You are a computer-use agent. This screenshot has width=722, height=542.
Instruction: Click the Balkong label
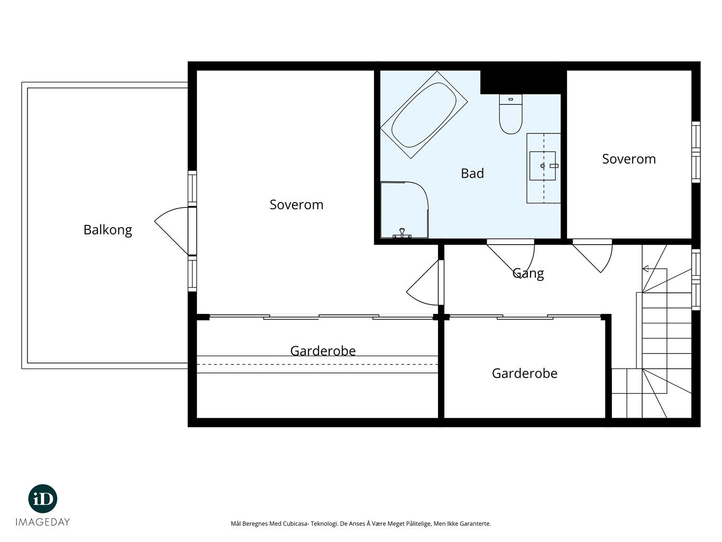pyautogui.click(x=107, y=230)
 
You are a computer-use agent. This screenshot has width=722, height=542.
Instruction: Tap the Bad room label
pyautogui.click(x=472, y=174)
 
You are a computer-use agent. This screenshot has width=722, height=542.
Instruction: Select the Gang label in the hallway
pyautogui.click(x=528, y=274)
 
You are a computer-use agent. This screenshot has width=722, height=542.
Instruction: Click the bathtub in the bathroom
pyautogui.click(x=424, y=115)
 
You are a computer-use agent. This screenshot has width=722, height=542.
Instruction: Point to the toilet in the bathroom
pyautogui.click(x=510, y=114)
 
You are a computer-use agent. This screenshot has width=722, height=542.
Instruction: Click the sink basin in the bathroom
pyautogui.click(x=542, y=166)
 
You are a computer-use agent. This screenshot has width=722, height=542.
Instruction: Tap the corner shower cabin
pyautogui.click(x=404, y=210)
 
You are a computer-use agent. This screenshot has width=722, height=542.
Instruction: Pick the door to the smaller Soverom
pyautogui.click(x=592, y=256)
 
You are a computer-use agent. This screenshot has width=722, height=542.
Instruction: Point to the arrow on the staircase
pyautogui.click(x=655, y=269)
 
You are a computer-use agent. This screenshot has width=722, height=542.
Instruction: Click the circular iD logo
pyautogui.click(x=43, y=499)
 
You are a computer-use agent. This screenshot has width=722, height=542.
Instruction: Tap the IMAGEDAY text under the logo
pyautogui.click(x=43, y=522)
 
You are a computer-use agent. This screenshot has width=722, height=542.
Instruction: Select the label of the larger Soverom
pyautogui.click(x=296, y=205)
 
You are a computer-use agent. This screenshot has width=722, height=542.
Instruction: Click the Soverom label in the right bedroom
pyautogui.click(x=629, y=159)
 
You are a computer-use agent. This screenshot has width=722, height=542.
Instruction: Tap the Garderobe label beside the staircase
pyautogui.click(x=525, y=374)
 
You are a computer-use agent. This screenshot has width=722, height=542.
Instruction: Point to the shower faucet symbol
pyautogui.click(x=402, y=233)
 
